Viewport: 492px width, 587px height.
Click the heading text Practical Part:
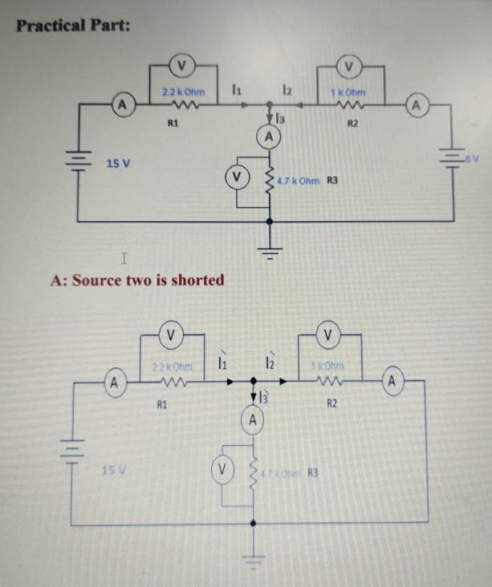coord(74,25)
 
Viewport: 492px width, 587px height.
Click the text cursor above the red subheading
coord(124,259)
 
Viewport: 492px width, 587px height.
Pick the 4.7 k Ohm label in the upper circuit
coord(299,181)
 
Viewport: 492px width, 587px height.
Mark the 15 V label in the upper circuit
coord(120,164)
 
